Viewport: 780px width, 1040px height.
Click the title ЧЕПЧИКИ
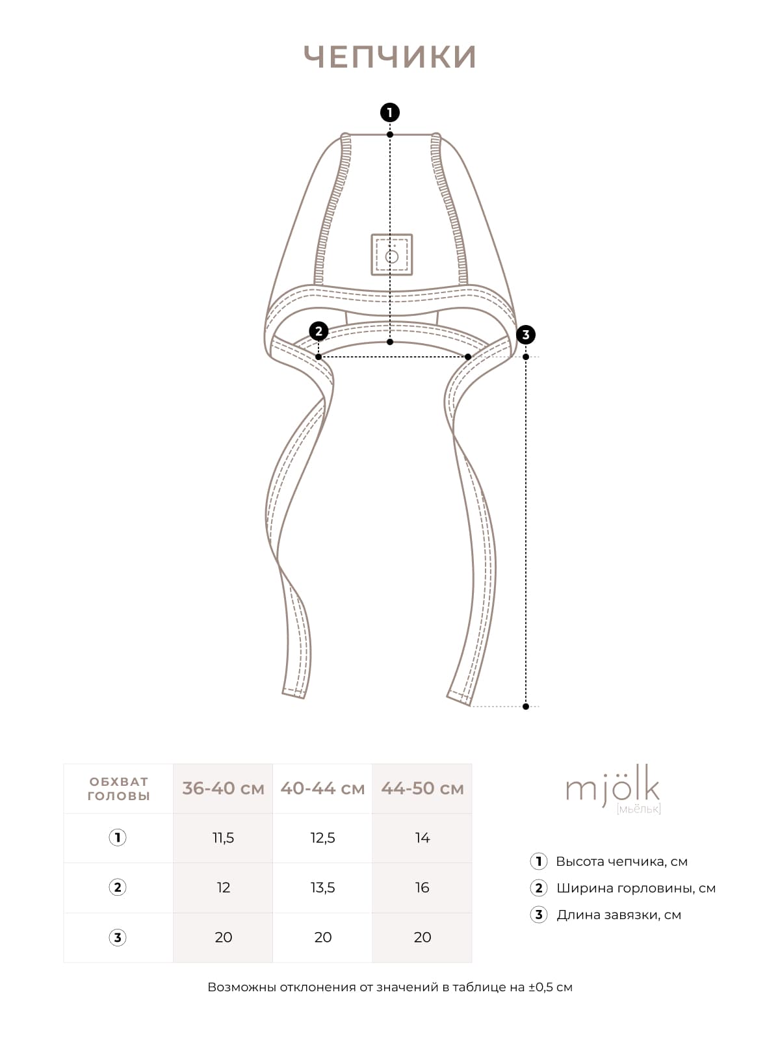pos(390,57)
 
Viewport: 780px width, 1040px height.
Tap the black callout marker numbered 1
pos(390,112)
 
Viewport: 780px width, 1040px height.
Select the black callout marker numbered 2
pos(318,331)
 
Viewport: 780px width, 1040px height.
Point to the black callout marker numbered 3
pos(526,335)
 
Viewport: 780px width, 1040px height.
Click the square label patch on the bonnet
pos(392,254)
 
